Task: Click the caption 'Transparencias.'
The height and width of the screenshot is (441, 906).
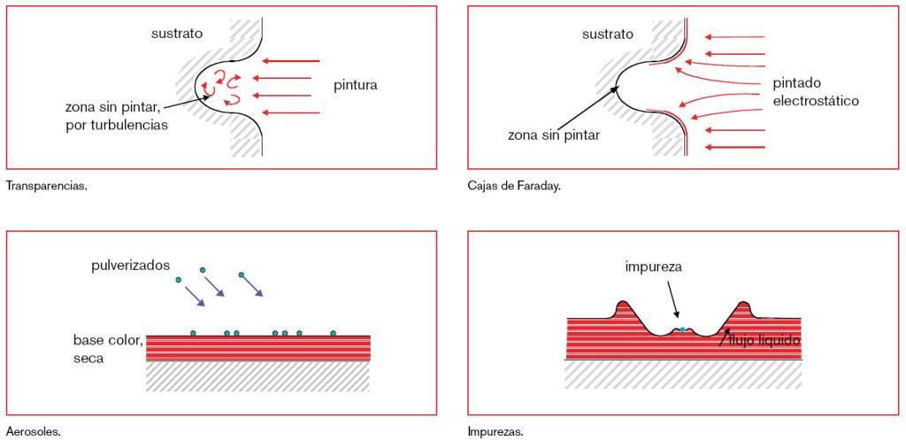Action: coord(46,187)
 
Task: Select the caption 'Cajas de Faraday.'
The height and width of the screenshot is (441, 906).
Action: coord(514,187)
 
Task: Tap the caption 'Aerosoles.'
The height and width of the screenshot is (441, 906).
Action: coord(33,432)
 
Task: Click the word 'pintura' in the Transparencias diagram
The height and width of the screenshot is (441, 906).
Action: coord(356,86)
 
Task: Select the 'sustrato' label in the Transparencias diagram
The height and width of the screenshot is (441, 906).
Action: coord(177,34)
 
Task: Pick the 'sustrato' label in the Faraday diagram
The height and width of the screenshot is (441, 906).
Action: coord(607,35)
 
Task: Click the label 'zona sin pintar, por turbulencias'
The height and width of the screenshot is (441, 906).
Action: coord(117,116)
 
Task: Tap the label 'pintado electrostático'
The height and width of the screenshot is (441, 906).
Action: coord(815,91)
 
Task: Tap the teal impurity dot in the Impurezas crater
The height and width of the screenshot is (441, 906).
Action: coord(682,329)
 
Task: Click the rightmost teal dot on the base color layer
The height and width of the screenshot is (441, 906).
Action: coord(334,333)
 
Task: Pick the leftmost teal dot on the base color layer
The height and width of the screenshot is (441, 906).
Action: coord(194,333)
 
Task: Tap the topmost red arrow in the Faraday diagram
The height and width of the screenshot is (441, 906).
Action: coord(734,37)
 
